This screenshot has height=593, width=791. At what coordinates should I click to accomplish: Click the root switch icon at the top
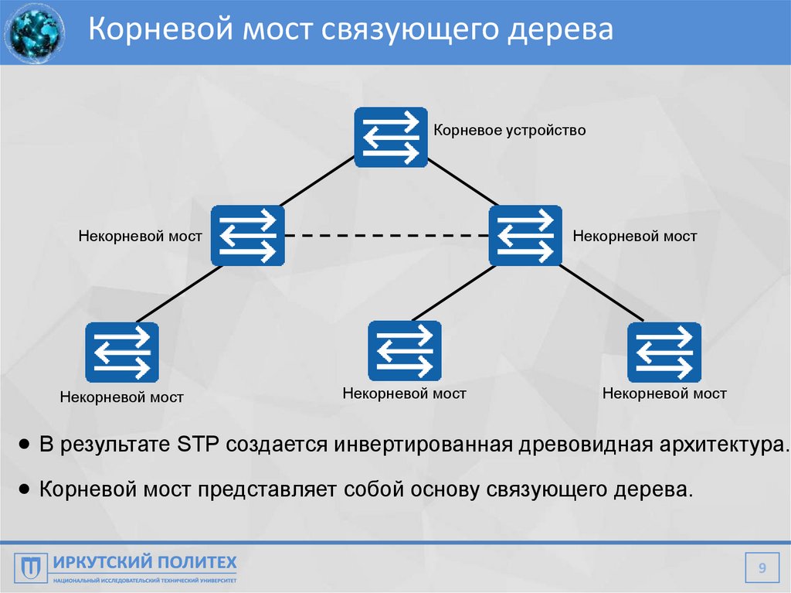391,137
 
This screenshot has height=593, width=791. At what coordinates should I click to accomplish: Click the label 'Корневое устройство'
509,130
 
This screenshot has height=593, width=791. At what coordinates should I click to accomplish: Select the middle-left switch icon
247,235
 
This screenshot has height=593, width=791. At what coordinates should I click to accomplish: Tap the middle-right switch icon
525,235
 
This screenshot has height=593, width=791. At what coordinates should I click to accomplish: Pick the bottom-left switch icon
122,353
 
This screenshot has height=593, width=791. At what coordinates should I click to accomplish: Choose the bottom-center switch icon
404,350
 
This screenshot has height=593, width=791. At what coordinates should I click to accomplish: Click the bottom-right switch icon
664,353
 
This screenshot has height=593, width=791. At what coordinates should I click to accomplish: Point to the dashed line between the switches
386,235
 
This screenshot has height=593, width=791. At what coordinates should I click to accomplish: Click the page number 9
762,569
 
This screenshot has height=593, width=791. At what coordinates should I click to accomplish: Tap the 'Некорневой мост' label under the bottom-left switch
122,397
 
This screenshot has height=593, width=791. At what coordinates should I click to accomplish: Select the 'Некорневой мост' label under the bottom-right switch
664,394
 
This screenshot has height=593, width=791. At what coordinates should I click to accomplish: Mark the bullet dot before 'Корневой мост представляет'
25,489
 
